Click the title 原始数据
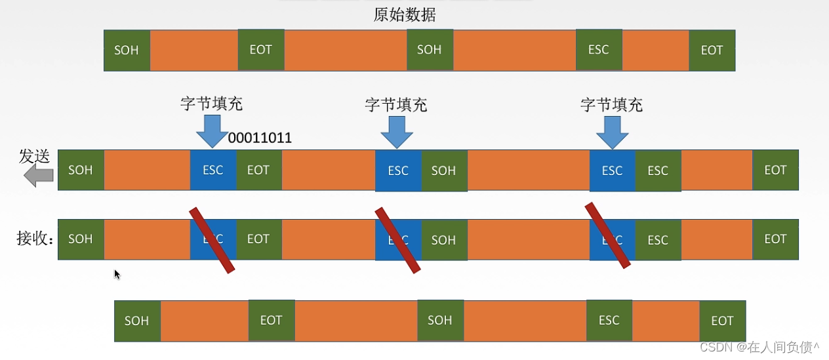pos(404,15)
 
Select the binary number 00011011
pos(260,138)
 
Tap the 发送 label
pos(34,156)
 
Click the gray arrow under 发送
pos(38,175)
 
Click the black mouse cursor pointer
pos(117,274)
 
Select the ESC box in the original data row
pos(598,50)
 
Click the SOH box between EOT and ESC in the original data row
pos(430,50)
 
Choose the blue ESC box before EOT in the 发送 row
pos(212,170)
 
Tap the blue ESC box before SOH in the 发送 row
pos(398,170)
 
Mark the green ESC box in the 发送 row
pos(658,170)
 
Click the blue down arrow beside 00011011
pos(212,131)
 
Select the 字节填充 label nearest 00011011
pos(212,104)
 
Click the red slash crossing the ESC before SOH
pos(397,240)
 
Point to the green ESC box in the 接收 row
pos(658,240)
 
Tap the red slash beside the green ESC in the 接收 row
pos(607,235)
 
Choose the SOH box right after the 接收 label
pos(81,239)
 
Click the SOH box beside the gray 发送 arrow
pos(81,170)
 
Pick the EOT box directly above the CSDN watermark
pos(722,321)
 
